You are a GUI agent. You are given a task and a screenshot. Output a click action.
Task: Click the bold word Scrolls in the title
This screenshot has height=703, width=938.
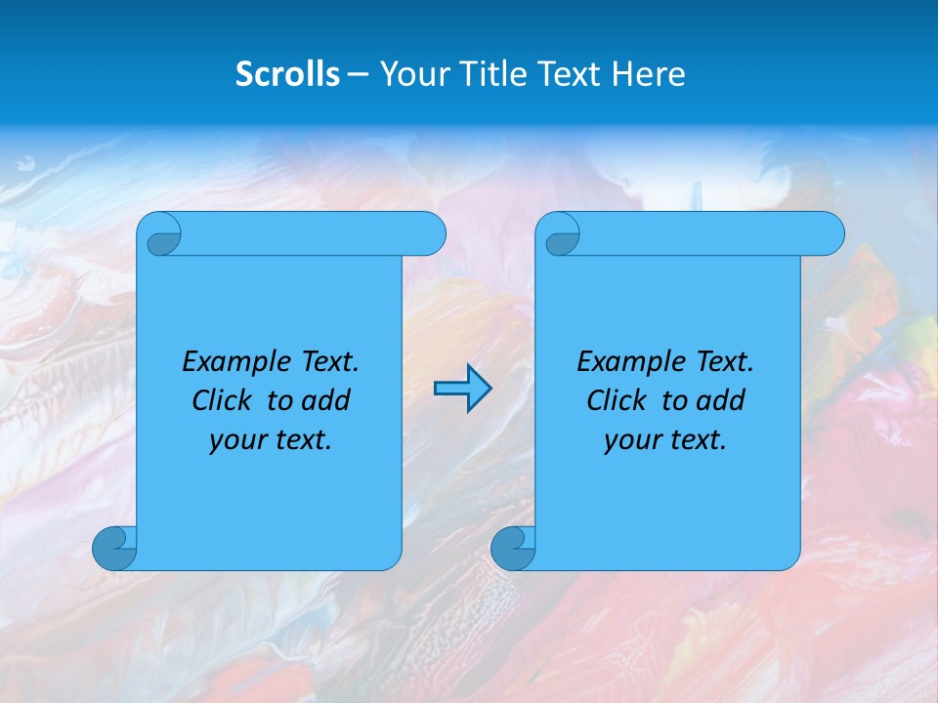(x=287, y=74)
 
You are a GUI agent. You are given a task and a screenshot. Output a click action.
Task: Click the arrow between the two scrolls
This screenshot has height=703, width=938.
(x=462, y=389)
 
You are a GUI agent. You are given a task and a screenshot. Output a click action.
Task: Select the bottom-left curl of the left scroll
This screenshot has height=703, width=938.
(x=114, y=548)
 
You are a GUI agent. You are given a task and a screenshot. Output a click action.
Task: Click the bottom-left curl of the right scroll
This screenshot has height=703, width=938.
(x=512, y=548)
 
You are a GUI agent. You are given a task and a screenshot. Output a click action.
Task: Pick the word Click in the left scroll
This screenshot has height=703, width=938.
(x=221, y=400)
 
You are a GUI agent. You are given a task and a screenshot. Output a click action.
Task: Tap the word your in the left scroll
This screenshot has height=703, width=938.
(x=235, y=440)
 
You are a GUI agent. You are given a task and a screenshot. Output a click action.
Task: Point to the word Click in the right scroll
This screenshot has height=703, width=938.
(x=616, y=400)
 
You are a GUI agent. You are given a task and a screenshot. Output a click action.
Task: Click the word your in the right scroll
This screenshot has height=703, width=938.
(x=630, y=440)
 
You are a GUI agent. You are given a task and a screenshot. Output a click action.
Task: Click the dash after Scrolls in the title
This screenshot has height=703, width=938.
(x=359, y=74)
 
